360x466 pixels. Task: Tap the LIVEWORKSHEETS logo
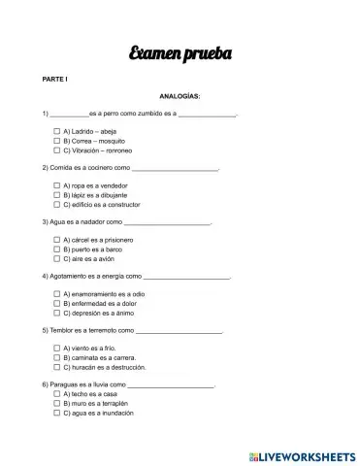coord(302,454)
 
